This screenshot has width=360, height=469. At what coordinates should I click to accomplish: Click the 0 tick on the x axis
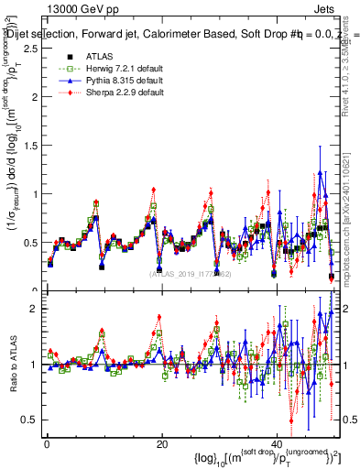47,444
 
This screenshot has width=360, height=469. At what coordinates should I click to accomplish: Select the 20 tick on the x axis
162,444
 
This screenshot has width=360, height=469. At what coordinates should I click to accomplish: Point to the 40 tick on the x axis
278,444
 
